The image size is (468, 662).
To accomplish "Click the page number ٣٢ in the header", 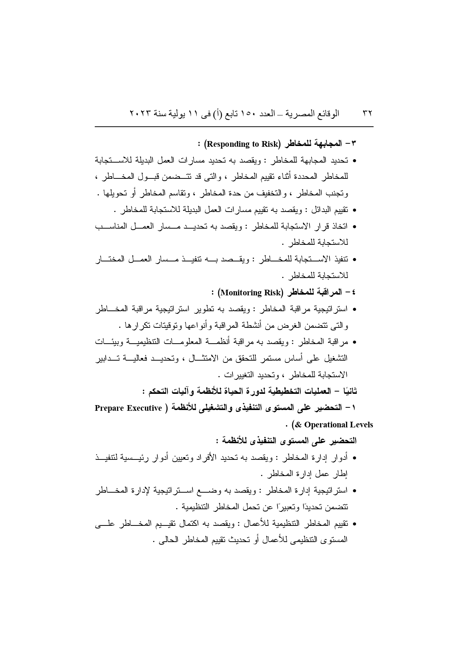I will coord(367,113).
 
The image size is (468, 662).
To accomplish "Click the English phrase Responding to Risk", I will coord(243,144).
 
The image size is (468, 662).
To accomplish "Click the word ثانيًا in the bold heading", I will coord(348,392).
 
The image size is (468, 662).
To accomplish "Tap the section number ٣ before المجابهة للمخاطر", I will coord(354,144).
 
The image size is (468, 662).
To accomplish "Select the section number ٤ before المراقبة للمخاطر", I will coord(354,293).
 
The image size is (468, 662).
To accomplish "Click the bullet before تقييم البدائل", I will coord(354,210).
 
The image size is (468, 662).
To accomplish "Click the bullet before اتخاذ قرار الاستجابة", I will coord(354,227).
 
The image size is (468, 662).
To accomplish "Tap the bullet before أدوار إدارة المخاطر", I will coord(354,458).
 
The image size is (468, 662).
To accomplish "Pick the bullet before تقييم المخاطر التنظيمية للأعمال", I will coord(354,524).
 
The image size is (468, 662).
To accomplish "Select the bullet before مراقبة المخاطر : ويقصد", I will coord(354,343).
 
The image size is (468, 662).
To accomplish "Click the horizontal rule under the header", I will coord(234,127).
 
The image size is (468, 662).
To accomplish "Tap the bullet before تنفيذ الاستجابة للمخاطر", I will coord(354,260).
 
